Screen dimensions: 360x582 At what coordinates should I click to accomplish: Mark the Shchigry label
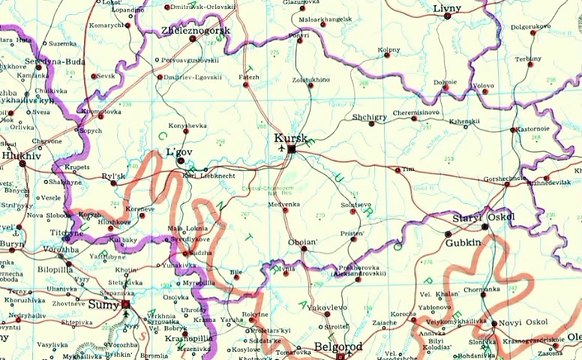tap(369, 117)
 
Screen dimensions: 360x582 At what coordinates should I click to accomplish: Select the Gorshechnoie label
tap(506, 177)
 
